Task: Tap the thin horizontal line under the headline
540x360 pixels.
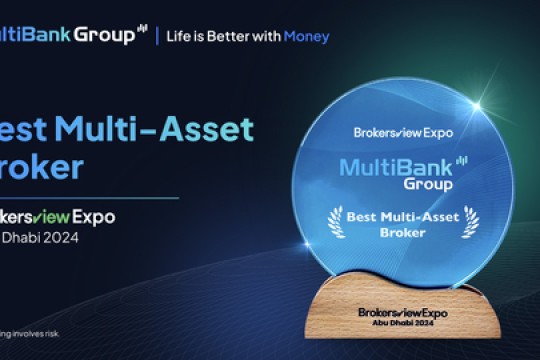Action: [90, 198]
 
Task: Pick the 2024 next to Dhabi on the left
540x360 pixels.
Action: [59, 239]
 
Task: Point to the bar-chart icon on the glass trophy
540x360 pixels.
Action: [461, 159]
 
